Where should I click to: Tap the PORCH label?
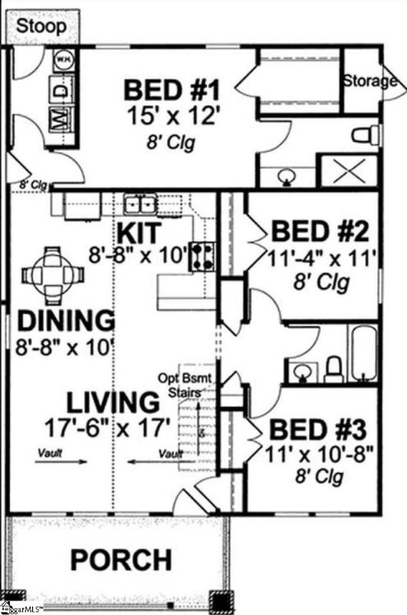pos(122,560)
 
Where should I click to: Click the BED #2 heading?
pos(322,231)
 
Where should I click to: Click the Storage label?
pos(369,81)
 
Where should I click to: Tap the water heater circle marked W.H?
pos(64,59)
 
